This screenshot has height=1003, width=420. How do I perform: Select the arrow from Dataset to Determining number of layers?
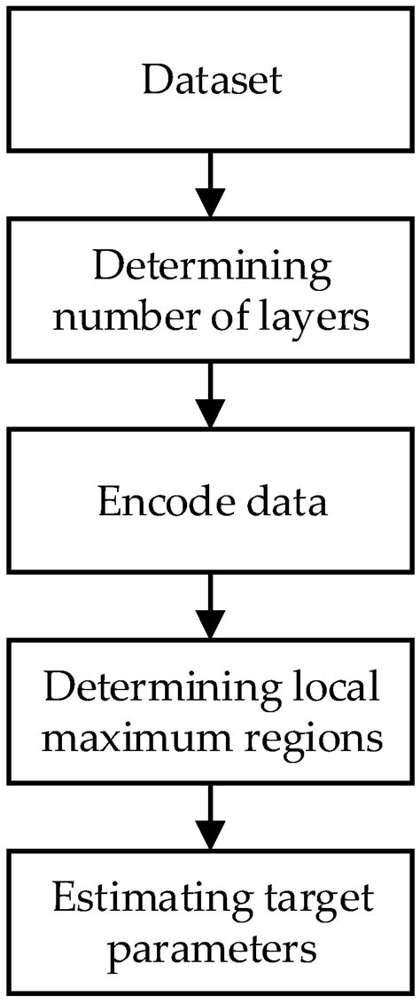211,183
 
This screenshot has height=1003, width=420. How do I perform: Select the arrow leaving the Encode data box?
211,603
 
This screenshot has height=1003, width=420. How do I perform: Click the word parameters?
211,949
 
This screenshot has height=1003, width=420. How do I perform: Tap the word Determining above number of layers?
211,267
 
